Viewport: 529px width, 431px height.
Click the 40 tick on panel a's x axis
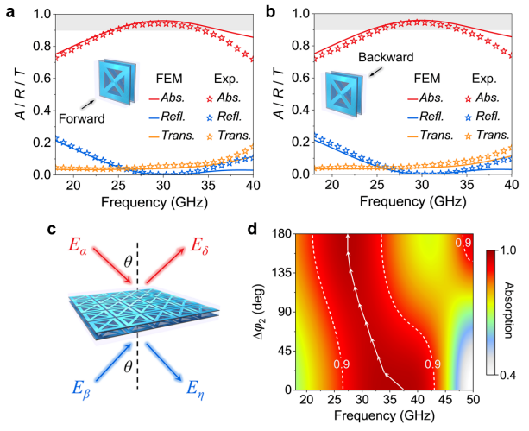(x=248, y=187)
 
